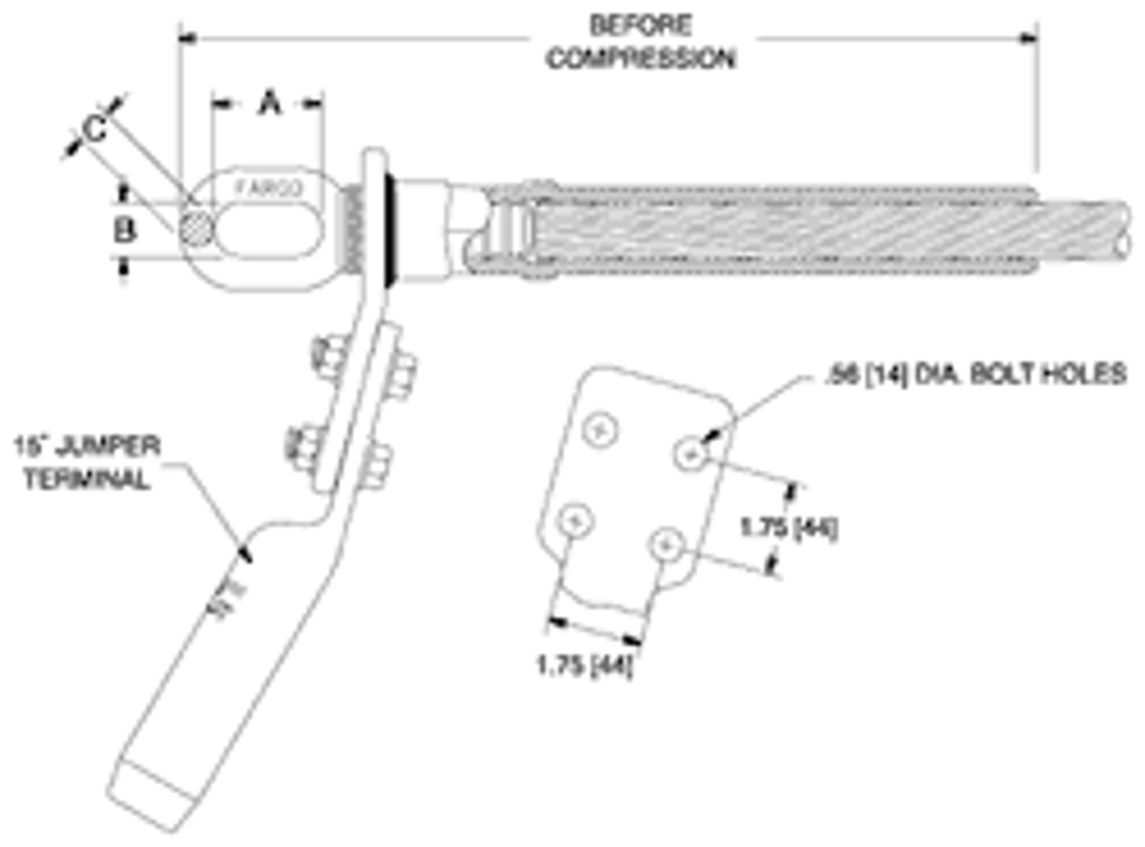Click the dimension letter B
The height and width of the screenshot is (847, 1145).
point(123,230)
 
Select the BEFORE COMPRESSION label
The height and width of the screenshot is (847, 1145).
point(640,41)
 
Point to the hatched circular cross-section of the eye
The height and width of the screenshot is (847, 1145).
point(195,231)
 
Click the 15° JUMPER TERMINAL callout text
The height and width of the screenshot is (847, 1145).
point(86,462)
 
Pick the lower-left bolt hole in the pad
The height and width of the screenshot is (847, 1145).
point(575,521)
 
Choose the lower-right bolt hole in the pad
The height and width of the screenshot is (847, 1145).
point(665,546)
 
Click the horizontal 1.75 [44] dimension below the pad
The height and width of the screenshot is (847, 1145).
point(585,666)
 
